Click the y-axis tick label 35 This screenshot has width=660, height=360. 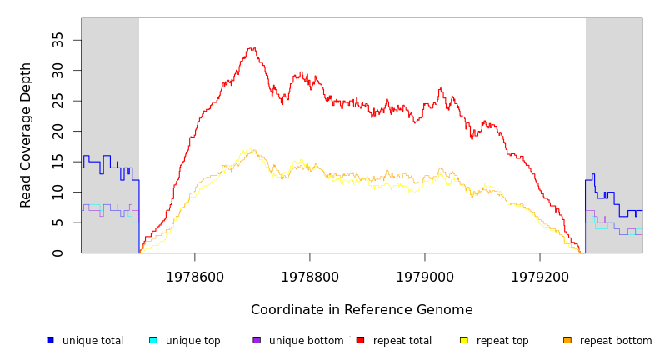[58, 39]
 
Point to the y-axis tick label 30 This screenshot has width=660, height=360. [58, 70]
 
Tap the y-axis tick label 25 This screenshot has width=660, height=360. [58, 101]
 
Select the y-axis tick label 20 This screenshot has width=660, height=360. [58, 131]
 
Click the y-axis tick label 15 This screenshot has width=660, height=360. [58, 162]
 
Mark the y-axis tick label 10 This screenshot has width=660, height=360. [58, 192]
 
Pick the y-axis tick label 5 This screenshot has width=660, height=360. [58, 222]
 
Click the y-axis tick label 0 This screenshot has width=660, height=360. [58, 252]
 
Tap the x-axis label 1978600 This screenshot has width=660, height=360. [195, 277]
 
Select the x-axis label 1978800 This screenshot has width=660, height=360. [310, 277]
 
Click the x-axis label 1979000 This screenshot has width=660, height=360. [425, 277]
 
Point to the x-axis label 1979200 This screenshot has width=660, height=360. [540, 277]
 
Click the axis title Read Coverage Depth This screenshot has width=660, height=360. [27, 135]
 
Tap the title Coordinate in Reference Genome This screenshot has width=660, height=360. [362, 310]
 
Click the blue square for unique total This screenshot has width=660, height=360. [51, 340]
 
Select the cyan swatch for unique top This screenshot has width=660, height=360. [153, 340]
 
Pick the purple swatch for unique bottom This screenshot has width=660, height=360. [257, 340]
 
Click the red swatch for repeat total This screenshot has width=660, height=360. [360, 340]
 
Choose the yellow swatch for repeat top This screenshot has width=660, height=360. [463, 340]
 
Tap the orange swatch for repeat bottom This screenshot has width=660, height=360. [567, 340]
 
